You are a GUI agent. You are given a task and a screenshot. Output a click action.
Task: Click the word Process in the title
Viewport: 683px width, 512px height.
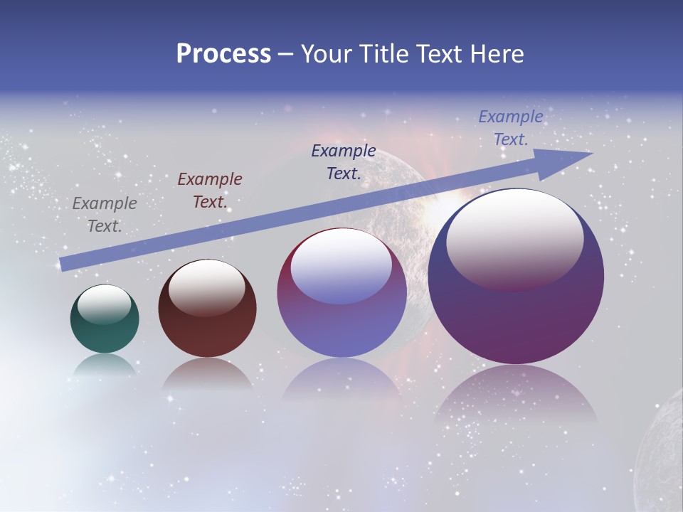[223, 54]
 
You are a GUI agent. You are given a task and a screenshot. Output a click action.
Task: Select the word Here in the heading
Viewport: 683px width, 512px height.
[495, 54]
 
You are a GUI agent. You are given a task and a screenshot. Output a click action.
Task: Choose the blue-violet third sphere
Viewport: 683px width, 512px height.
[341, 327]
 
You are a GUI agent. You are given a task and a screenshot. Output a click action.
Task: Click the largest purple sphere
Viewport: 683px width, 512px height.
[516, 313]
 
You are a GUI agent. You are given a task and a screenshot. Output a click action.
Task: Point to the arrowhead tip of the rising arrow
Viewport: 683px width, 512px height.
[591, 154]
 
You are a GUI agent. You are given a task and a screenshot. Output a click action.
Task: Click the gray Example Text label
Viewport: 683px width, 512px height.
[105, 215]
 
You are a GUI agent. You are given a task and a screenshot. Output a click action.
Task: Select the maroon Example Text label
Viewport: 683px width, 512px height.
[210, 191]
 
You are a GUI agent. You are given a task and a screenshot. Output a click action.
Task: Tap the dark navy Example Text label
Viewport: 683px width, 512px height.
[344, 161]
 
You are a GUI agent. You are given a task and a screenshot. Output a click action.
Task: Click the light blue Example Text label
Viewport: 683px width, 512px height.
[511, 128]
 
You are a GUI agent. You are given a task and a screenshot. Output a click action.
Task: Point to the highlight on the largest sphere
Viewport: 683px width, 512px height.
[515, 240]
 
